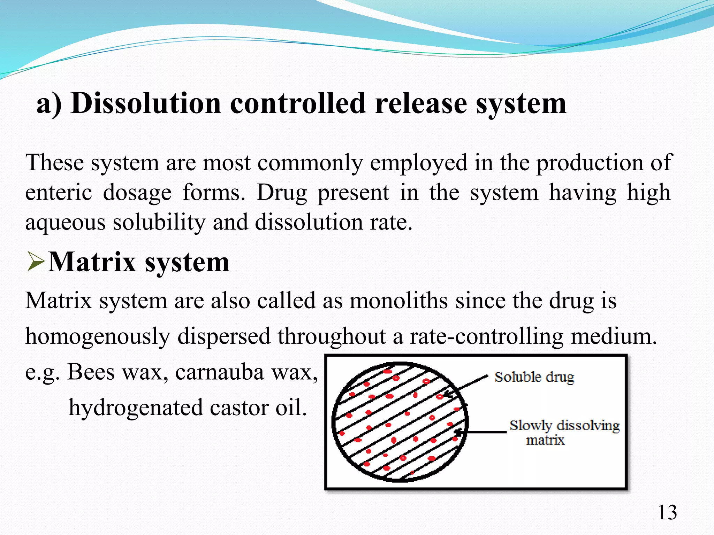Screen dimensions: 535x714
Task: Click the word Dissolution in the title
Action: point(146,103)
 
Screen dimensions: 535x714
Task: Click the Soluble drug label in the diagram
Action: point(534,377)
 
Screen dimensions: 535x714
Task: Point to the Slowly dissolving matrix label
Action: point(564,432)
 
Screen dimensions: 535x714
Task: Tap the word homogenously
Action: point(98,337)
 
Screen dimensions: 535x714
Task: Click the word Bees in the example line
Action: point(91,372)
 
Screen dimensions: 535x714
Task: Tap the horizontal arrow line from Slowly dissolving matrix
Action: point(486,432)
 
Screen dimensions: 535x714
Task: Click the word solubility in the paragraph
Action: point(159,222)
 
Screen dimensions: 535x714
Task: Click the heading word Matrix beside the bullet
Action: point(92,262)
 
